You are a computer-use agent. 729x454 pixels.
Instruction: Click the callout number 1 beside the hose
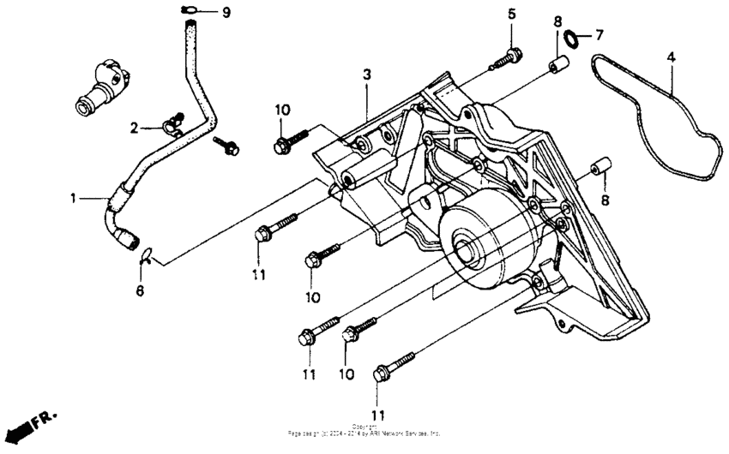75,199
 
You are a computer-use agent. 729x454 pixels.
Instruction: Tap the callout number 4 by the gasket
672,57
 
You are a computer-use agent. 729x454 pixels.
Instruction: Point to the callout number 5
512,14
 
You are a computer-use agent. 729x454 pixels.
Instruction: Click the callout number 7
599,35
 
